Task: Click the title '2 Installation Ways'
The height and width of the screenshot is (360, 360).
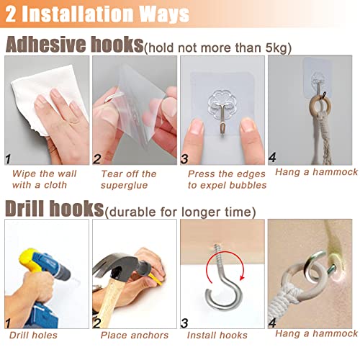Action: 97,14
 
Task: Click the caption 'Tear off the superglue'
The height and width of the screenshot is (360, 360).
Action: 129,179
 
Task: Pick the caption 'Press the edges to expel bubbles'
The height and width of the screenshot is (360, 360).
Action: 227,179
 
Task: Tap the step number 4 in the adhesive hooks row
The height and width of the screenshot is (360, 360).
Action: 272,158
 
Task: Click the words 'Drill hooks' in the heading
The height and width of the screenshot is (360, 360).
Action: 55,208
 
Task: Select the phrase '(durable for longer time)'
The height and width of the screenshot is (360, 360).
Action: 180,212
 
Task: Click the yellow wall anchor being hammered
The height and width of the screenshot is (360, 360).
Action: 156,280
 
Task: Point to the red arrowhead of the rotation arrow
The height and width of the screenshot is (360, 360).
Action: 242,278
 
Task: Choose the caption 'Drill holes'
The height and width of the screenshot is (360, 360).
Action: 33,335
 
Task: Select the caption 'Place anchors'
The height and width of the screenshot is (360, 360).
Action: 135,335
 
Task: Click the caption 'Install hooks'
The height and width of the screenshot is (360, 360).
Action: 217,335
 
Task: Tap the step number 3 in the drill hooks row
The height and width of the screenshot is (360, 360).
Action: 184,323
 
